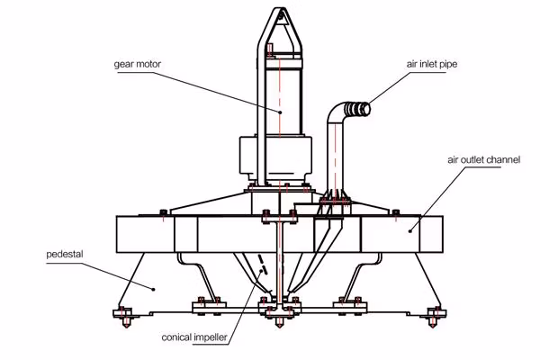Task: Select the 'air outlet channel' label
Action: point(483,160)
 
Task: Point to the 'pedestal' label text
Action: point(64,255)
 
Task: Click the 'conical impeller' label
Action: point(193,339)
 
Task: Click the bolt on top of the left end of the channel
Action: point(160,213)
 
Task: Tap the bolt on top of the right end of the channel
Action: point(395,213)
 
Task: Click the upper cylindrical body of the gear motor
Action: point(279,90)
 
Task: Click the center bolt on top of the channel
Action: point(267,214)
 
